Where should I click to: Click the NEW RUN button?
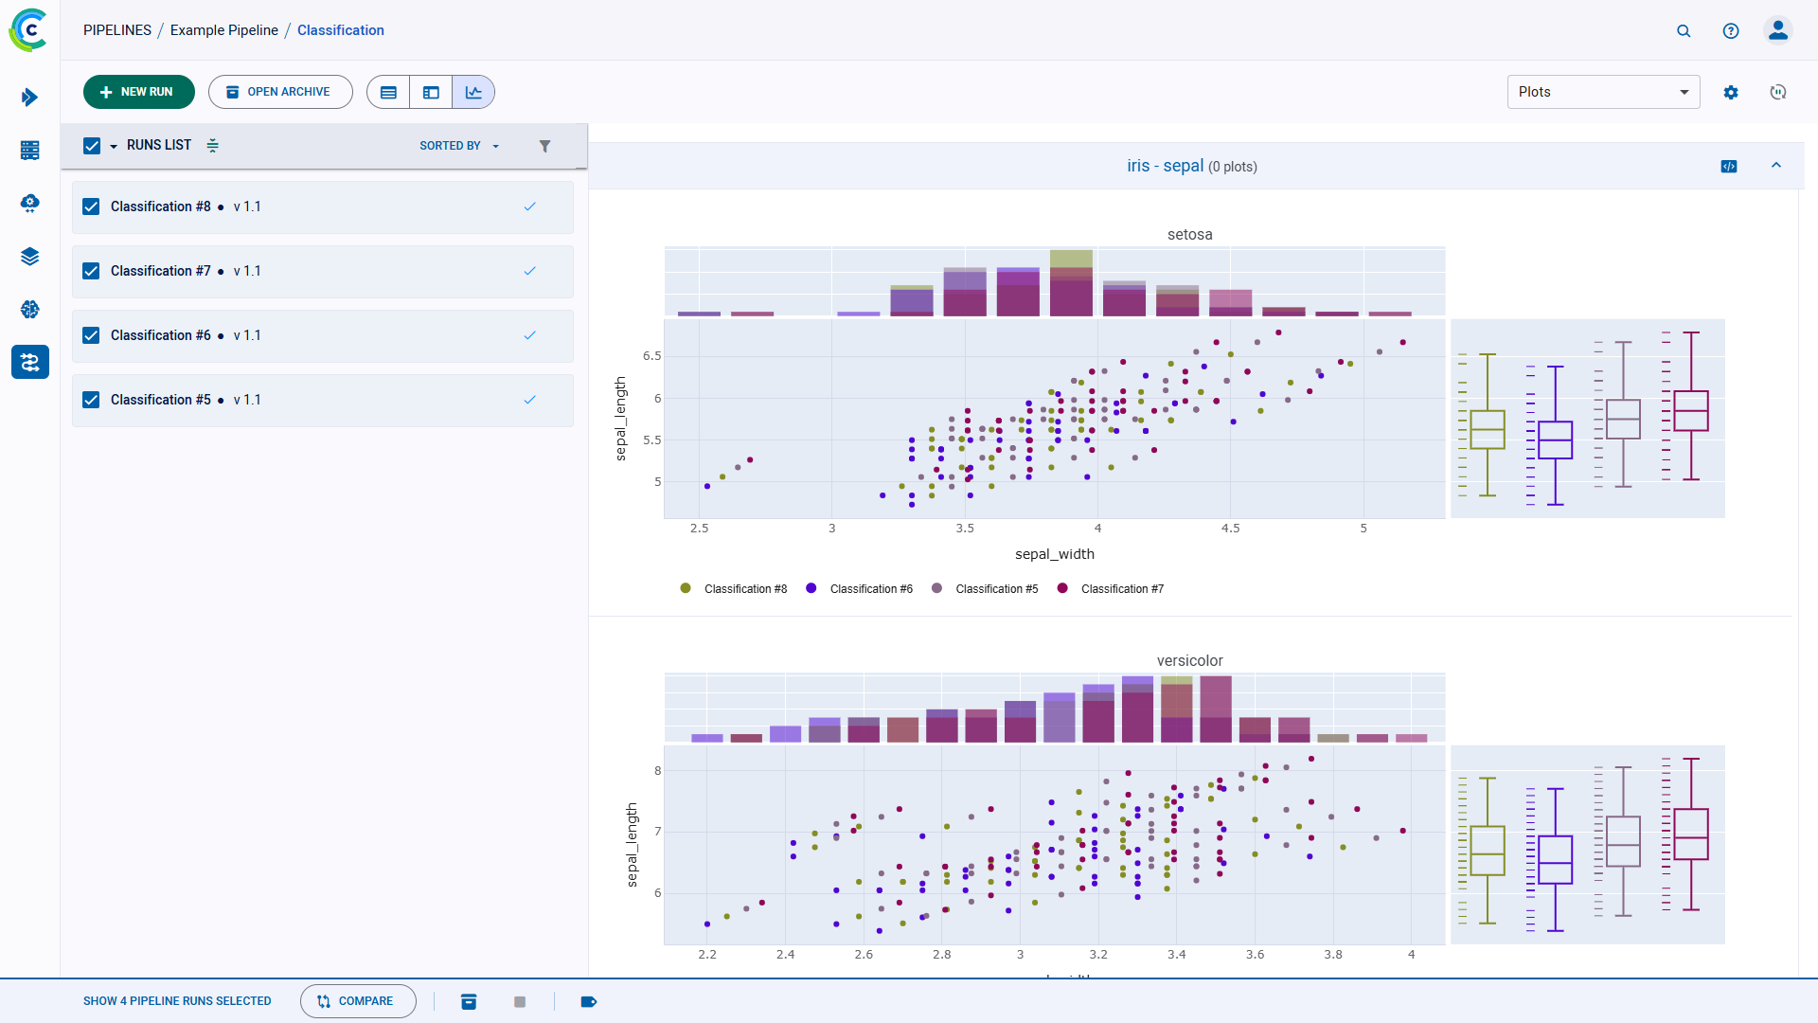point(138,92)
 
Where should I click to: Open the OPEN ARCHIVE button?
point(280,92)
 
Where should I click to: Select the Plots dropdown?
point(1602,92)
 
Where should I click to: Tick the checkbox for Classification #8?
point(91,206)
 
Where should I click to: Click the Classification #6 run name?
point(160,335)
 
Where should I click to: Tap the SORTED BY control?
point(458,146)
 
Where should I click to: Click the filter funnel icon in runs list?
point(544,146)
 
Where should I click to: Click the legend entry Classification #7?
point(1121,589)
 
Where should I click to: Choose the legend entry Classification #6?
point(870,589)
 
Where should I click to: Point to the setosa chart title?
point(1189,235)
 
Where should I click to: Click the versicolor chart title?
point(1189,661)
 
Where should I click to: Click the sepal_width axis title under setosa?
point(1054,554)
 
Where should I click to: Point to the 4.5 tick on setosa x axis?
point(1230,529)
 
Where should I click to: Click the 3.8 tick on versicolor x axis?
point(1332,955)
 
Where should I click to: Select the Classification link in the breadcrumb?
point(340,30)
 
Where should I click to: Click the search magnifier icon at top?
point(1684,30)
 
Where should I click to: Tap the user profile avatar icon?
point(1777,30)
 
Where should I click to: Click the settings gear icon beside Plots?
point(1731,92)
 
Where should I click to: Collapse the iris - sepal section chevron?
point(1776,166)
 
